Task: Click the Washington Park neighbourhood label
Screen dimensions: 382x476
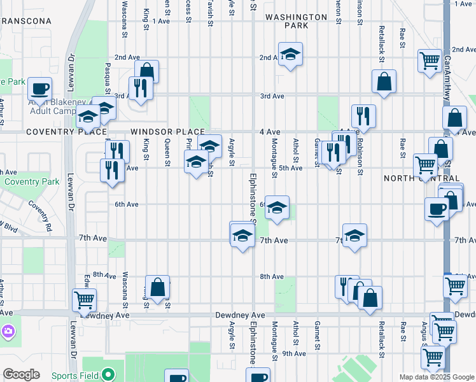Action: (x=287, y=21)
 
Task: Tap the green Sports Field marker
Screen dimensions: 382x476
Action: (x=108, y=375)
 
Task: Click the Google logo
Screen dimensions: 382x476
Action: (x=22, y=374)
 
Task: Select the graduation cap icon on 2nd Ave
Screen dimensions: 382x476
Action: (x=290, y=55)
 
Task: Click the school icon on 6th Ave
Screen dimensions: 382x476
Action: (x=277, y=208)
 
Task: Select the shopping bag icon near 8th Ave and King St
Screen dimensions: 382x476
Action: (x=158, y=287)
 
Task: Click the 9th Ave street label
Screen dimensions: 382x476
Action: (x=294, y=353)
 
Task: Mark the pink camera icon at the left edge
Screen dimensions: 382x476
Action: (x=7, y=331)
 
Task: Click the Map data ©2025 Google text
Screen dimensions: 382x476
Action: (x=437, y=376)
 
